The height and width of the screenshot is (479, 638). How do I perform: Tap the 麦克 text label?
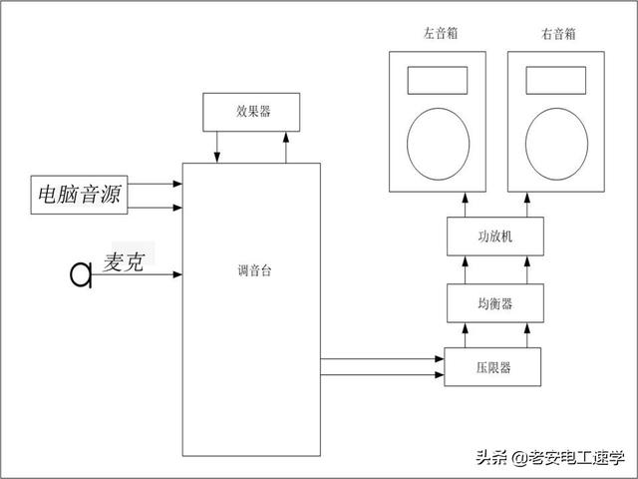[126, 262]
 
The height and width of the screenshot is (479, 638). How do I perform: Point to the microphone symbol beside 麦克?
[81, 272]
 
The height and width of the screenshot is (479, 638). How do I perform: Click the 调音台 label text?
[250, 268]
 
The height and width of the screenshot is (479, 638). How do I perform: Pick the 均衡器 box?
[494, 301]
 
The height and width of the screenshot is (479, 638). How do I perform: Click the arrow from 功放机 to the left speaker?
[465, 205]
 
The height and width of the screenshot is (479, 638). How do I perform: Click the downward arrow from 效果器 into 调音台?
[217, 146]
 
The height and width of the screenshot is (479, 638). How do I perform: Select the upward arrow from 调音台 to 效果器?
[285, 146]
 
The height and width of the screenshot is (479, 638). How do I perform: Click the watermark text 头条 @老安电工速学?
[549, 458]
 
